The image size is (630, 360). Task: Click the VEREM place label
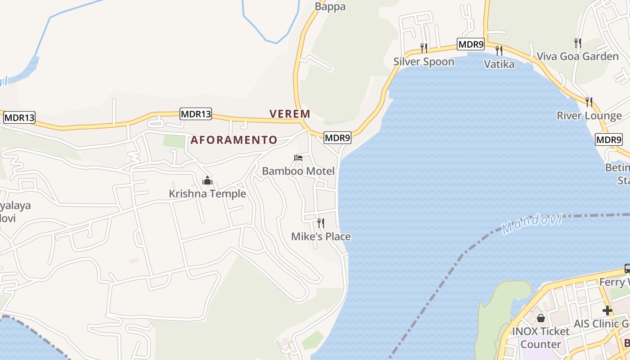click(x=290, y=114)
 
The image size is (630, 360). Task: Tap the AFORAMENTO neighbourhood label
click(x=234, y=140)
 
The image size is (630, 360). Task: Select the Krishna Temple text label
click(x=207, y=194)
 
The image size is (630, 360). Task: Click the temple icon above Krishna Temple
click(x=207, y=181)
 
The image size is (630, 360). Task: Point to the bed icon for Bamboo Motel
click(x=298, y=158)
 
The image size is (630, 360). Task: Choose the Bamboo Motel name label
click(x=298, y=171)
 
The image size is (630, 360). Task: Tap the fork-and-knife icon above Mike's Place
click(x=321, y=223)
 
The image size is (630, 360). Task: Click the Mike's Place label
click(x=321, y=237)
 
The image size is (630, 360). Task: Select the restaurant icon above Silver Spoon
click(x=423, y=48)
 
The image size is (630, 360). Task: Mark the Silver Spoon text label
click(x=423, y=62)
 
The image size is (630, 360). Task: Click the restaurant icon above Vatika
click(x=499, y=50)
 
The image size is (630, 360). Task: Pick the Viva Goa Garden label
click(x=577, y=57)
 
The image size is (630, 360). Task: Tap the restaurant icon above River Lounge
click(x=589, y=102)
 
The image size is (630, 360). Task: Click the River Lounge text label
click(x=589, y=116)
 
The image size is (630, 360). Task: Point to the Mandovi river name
click(x=532, y=224)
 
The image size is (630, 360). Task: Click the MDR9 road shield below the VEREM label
click(x=337, y=138)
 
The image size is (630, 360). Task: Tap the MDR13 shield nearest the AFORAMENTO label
click(x=195, y=114)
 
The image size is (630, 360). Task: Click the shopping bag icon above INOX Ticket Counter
click(x=540, y=318)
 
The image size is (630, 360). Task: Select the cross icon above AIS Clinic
click(x=607, y=310)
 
